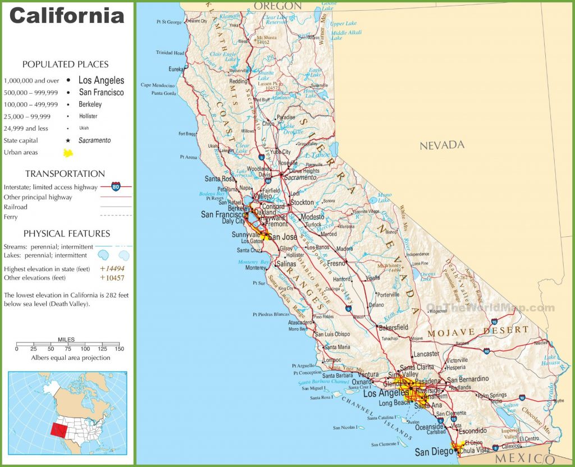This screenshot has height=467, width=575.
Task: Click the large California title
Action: point(66,15)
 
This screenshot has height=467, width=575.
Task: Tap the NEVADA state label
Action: point(442,145)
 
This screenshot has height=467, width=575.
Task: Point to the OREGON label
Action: point(277,6)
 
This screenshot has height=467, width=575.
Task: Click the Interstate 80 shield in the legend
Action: point(115,187)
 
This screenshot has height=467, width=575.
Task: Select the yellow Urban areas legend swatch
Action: point(68,153)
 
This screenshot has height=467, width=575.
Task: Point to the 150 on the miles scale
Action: point(118,349)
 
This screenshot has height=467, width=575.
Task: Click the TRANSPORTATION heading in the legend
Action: point(65,173)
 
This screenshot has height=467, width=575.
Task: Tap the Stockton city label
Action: point(302,202)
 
